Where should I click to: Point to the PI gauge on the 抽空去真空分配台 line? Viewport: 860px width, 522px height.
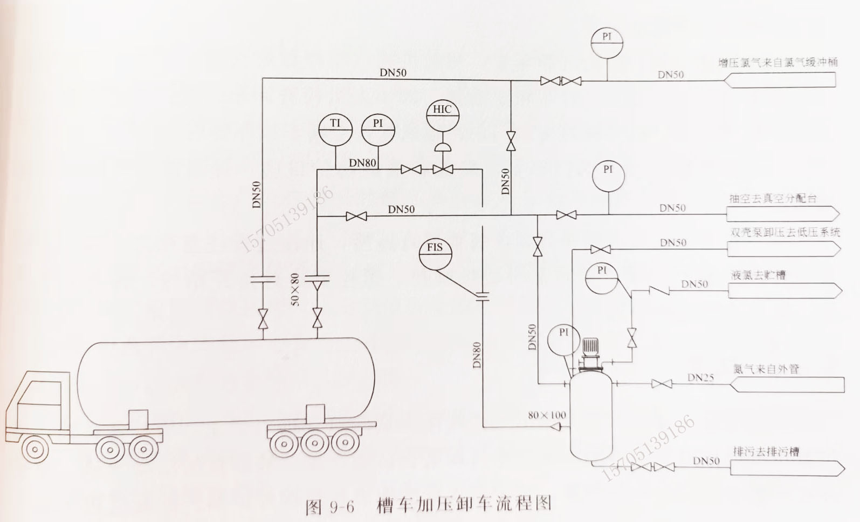click(608, 175)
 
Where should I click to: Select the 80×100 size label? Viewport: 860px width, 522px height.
click(547, 415)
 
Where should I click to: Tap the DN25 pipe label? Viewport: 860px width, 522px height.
click(700, 378)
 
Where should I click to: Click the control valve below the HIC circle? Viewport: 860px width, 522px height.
click(443, 170)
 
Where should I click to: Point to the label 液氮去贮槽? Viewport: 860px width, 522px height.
click(758, 275)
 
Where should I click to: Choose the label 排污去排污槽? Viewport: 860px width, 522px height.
click(766, 451)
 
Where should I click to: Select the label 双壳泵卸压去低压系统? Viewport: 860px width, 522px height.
click(785, 233)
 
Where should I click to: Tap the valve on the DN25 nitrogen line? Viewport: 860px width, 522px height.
click(661, 384)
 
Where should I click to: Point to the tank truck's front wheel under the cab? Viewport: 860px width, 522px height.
click(34, 449)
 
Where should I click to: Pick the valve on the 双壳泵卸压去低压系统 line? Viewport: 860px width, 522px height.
click(600, 249)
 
